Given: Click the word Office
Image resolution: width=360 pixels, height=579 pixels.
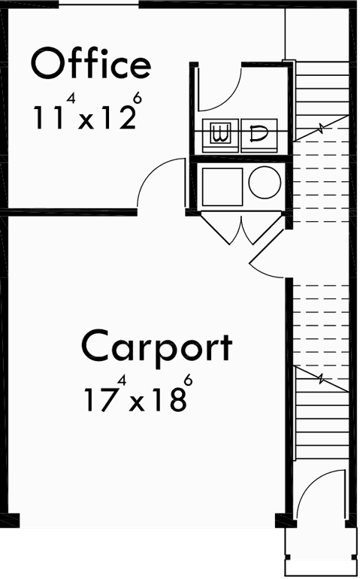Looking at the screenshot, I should pyautogui.click(x=90, y=64).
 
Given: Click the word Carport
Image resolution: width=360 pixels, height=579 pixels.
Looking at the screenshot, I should pyautogui.click(x=156, y=347).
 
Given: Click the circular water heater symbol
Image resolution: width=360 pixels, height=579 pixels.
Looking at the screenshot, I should pyautogui.click(x=265, y=183).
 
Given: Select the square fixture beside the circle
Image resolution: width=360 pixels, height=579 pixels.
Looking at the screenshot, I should pyautogui.click(x=222, y=186).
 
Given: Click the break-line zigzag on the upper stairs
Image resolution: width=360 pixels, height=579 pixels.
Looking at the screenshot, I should pyautogui.click(x=321, y=126).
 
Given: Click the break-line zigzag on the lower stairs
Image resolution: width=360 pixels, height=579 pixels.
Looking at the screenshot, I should pyautogui.click(x=321, y=379).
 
